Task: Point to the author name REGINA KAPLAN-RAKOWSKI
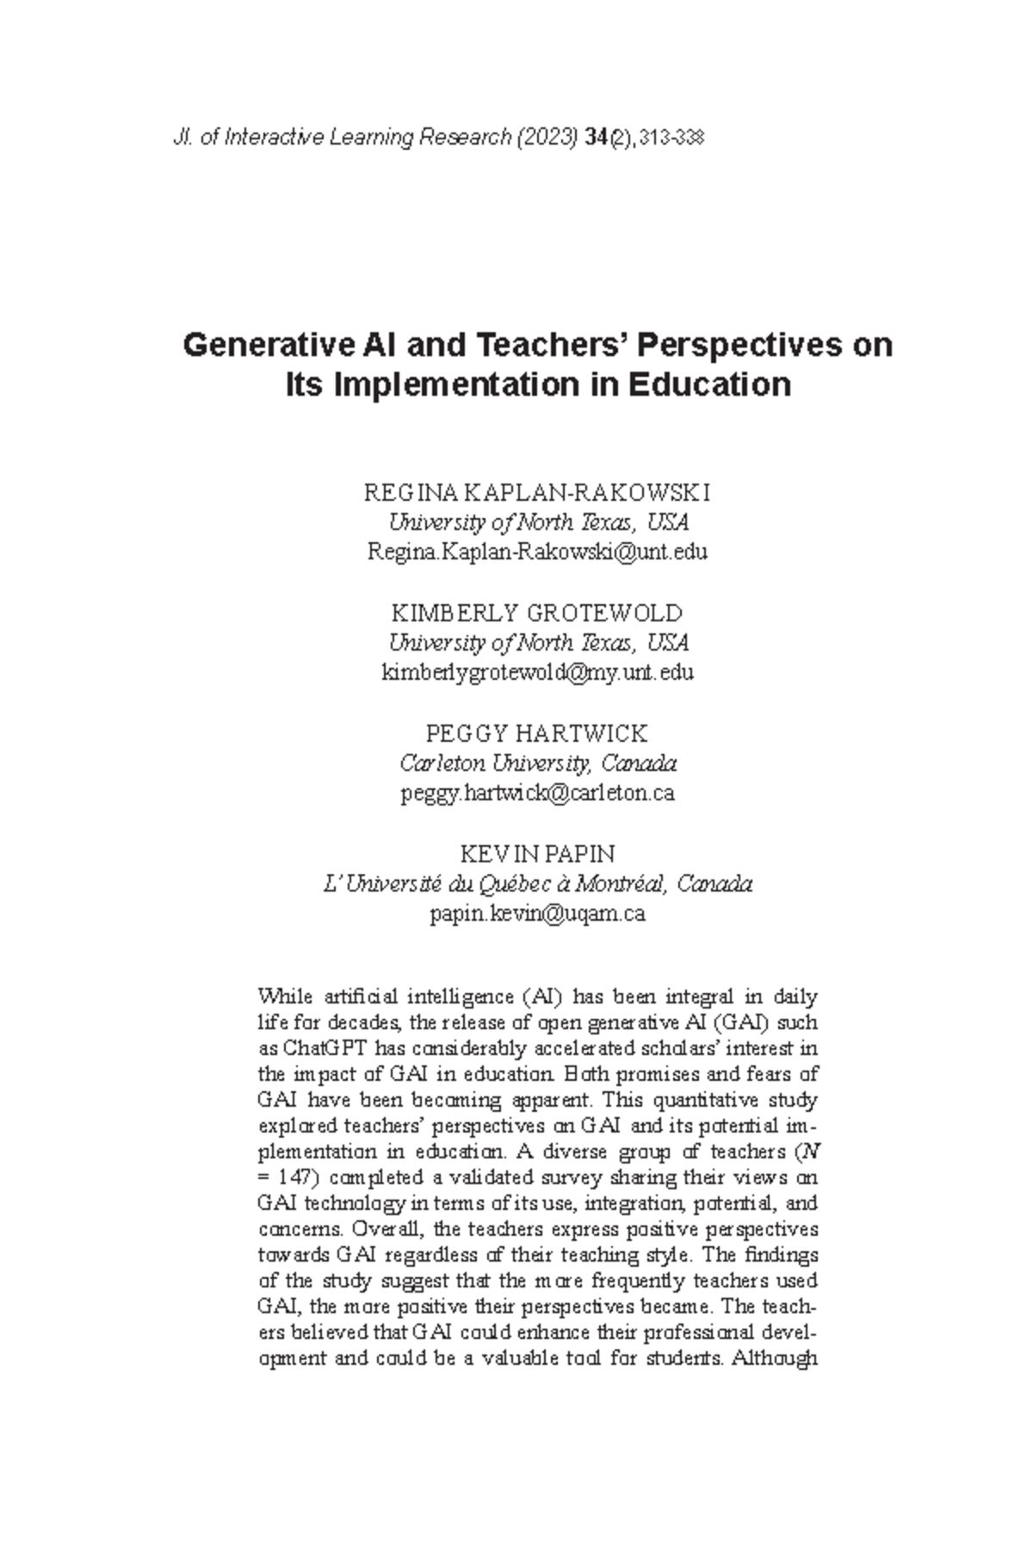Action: click(x=537, y=493)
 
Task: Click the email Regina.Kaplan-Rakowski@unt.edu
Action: click(x=537, y=552)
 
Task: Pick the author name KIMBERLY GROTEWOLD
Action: click(x=537, y=614)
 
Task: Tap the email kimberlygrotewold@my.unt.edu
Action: click(x=537, y=672)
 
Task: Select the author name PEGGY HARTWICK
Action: click(x=537, y=734)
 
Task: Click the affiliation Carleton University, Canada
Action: click(x=537, y=763)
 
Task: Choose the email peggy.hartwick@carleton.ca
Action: click(x=537, y=793)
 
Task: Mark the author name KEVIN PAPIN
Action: click(x=537, y=855)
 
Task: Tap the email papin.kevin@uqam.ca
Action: click(x=537, y=913)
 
